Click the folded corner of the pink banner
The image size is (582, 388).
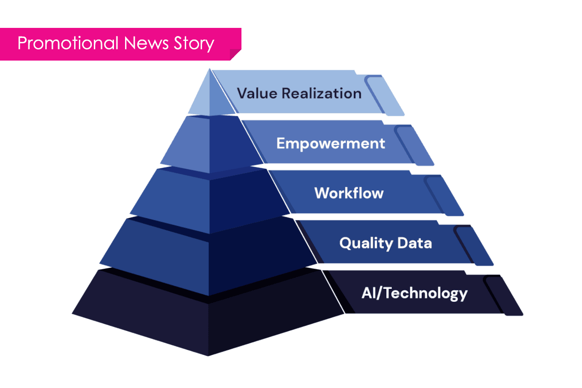(x=235, y=54)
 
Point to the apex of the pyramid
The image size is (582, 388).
(x=209, y=70)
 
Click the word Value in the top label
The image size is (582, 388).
(x=257, y=93)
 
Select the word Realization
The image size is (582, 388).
(x=321, y=93)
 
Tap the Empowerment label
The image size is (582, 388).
(x=330, y=143)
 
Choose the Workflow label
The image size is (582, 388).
(x=349, y=193)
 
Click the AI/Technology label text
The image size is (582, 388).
(x=414, y=293)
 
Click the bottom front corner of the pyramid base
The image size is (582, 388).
(x=208, y=355)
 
